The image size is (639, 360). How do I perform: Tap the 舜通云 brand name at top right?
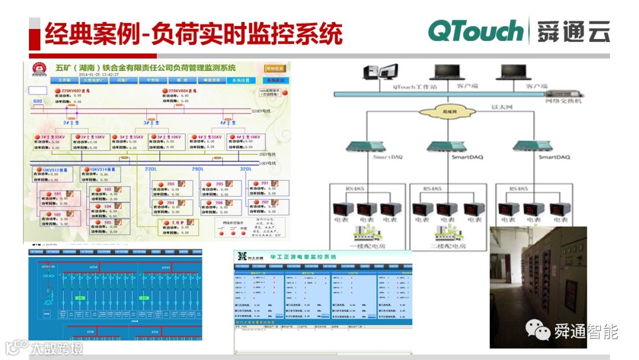[x=573, y=31]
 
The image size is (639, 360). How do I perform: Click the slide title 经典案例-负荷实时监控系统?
[x=194, y=33]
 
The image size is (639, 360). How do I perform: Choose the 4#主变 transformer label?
[x=228, y=123]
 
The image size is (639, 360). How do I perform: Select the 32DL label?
[x=246, y=169]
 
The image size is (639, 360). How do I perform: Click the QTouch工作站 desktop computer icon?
[x=374, y=73]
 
